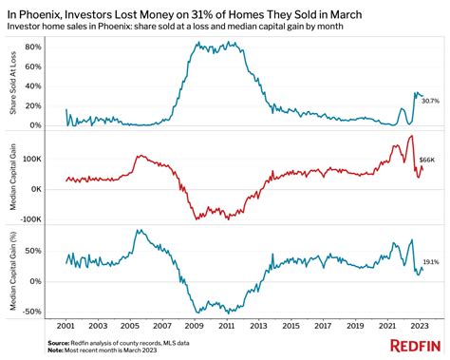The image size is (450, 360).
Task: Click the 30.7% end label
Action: click(x=429, y=101)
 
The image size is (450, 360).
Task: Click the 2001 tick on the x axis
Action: click(x=66, y=324)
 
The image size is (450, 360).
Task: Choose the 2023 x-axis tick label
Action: click(x=421, y=324)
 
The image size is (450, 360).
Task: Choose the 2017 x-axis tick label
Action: click(x=324, y=324)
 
